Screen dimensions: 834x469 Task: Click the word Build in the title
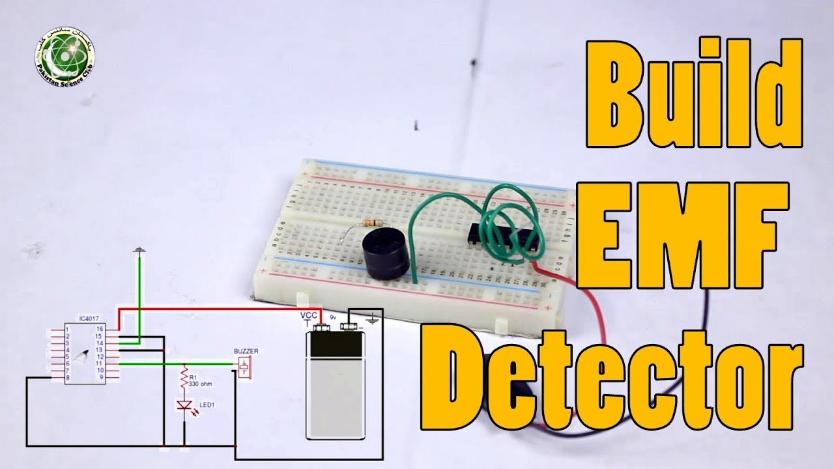click(695, 91)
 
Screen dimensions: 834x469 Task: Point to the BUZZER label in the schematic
click(246, 351)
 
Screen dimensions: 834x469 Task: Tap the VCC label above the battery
click(308, 315)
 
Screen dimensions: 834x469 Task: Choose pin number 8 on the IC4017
click(67, 378)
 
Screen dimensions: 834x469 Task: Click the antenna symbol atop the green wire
click(139, 250)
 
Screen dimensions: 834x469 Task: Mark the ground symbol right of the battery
click(373, 320)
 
